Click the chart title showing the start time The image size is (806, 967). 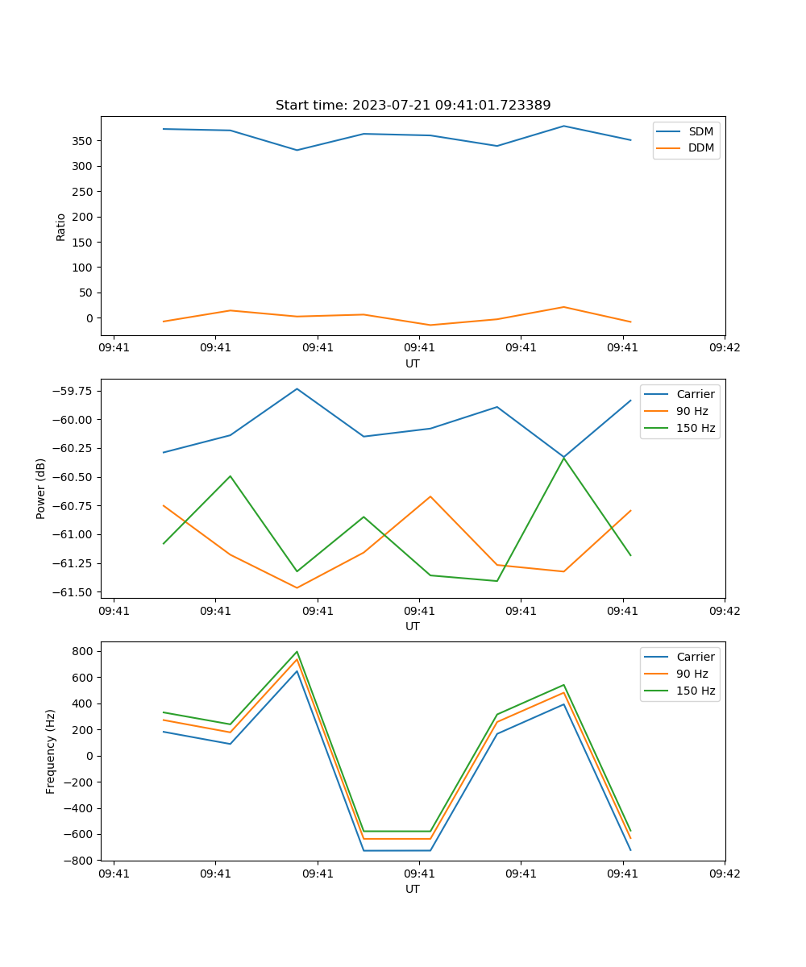click(413, 106)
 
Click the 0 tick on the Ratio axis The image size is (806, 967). click(91, 318)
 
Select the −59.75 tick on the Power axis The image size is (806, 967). click(73, 391)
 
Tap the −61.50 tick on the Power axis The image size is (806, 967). click(73, 592)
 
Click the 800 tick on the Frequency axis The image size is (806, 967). click(83, 651)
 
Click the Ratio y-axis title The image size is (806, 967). click(60, 226)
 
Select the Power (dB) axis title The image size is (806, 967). click(41, 488)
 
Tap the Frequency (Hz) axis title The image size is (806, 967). click(51, 751)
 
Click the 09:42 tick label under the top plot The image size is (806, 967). click(725, 348)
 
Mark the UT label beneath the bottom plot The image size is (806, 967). click(413, 889)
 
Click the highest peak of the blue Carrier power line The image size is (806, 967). click(297, 388)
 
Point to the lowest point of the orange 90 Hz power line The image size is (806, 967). click(297, 587)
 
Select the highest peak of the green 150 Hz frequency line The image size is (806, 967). click(297, 651)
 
